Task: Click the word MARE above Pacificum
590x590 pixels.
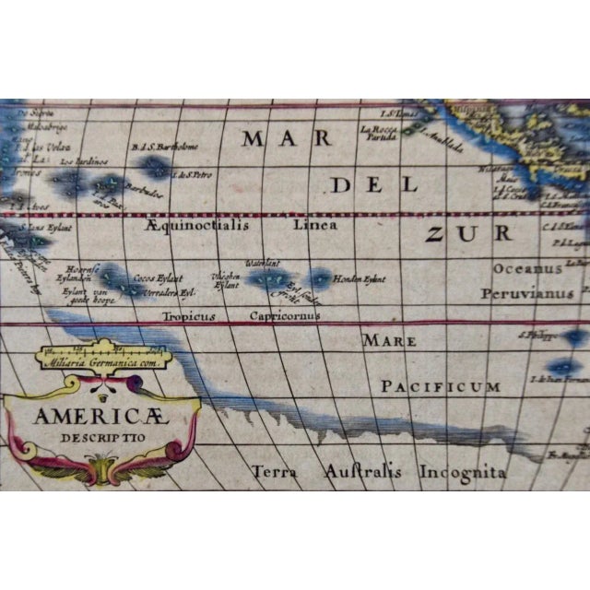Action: (382, 340)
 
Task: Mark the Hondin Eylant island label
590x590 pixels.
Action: (359, 277)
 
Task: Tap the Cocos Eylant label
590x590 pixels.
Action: (159, 277)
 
